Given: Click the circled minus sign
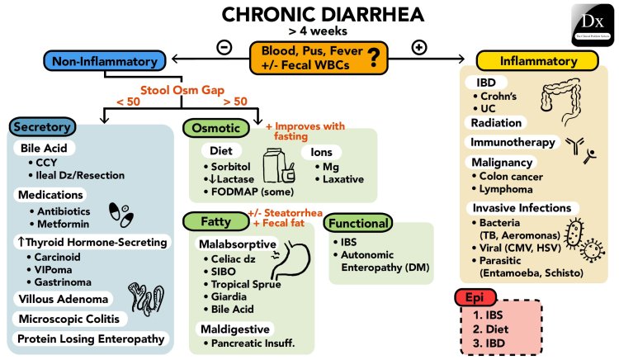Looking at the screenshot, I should tap(224, 46).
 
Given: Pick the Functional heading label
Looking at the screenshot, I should tap(357, 224).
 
